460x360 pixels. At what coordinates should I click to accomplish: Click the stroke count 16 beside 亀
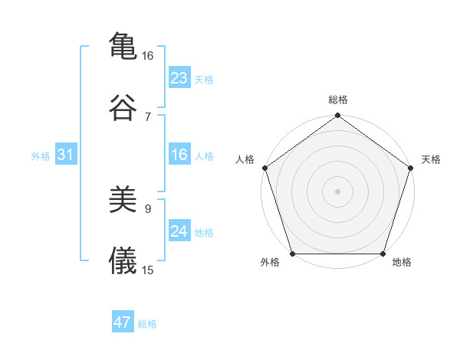pyautogui.click(x=148, y=56)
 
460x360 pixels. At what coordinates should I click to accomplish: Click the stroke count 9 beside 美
pyautogui.click(x=148, y=208)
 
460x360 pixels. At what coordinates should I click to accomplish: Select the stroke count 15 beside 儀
pyautogui.click(x=148, y=270)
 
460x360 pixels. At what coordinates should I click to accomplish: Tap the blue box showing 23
pyautogui.click(x=179, y=78)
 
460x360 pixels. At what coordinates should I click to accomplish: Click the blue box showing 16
pyautogui.click(x=179, y=155)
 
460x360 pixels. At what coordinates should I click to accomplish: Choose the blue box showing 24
pyautogui.click(x=179, y=231)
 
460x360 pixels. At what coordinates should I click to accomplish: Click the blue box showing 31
pyautogui.click(x=66, y=155)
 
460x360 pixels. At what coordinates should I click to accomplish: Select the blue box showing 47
pyautogui.click(x=123, y=322)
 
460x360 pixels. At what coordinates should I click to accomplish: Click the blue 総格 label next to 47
pyautogui.click(x=147, y=324)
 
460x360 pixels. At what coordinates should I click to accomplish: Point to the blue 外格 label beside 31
pyautogui.click(x=41, y=156)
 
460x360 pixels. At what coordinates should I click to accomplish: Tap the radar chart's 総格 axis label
pyautogui.click(x=337, y=100)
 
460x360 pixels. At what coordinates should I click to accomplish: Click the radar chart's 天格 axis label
pyautogui.click(x=432, y=159)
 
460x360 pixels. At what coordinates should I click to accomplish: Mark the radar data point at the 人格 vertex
pyautogui.click(x=264, y=168)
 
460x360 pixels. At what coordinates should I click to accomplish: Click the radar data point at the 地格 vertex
pyautogui.click(x=383, y=254)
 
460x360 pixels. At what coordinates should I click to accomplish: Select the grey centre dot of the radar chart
pyautogui.click(x=337, y=191)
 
